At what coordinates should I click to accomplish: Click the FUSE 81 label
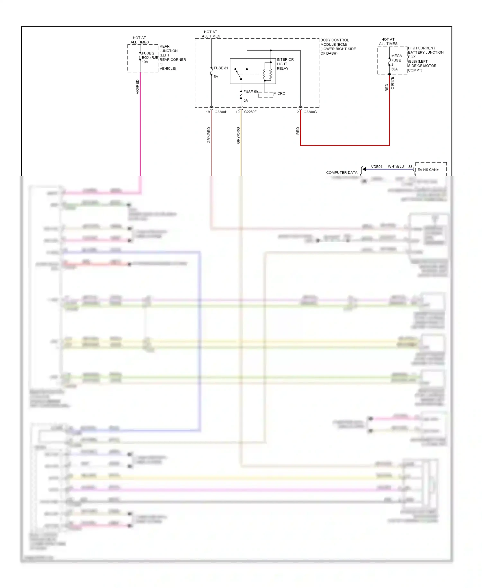(x=221, y=68)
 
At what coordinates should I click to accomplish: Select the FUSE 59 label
(x=250, y=92)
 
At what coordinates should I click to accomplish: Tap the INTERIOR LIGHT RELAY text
(x=285, y=64)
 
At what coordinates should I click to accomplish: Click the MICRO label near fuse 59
(x=279, y=93)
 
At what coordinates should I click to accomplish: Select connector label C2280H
(x=221, y=112)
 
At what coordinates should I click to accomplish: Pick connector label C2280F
(x=250, y=112)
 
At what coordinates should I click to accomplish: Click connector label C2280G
(x=310, y=112)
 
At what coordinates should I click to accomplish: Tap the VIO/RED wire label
(x=138, y=87)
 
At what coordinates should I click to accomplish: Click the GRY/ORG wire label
(x=238, y=135)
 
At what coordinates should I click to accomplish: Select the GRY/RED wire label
(x=209, y=135)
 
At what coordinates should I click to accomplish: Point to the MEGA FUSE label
(x=396, y=58)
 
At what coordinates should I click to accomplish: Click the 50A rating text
(x=394, y=69)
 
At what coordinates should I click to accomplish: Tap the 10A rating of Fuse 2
(x=145, y=62)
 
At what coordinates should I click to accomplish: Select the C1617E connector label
(x=392, y=83)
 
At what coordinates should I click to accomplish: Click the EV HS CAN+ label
(x=428, y=170)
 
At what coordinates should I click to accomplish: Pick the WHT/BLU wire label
(x=396, y=166)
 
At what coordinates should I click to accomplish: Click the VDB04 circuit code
(x=377, y=167)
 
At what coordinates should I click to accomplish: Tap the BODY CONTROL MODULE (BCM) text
(x=338, y=47)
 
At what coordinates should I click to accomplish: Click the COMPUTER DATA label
(x=342, y=172)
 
